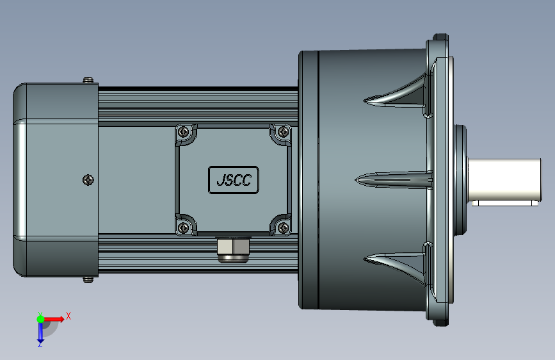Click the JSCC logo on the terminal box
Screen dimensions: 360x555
(234, 180)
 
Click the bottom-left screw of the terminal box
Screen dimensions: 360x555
(184, 227)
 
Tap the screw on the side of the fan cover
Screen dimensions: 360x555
(88, 180)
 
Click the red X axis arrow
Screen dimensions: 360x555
(55, 318)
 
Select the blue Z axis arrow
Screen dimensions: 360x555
(40, 332)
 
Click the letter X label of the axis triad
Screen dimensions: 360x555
(68, 316)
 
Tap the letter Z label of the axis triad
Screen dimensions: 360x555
(40, 344)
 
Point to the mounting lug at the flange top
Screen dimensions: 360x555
(440, 37)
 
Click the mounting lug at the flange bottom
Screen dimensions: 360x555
(440, 322)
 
